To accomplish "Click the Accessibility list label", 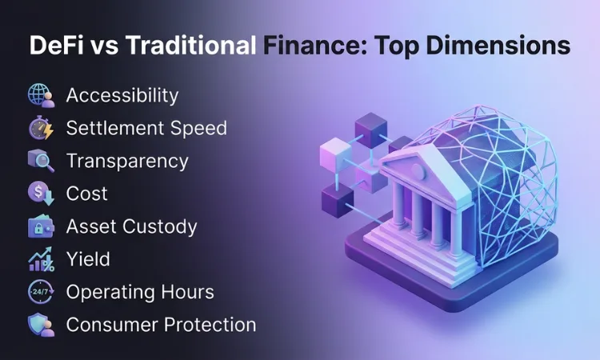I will (122, 95).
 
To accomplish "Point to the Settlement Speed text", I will (146, 128).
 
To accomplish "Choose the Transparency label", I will (127, 161).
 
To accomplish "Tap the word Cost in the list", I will (86, 194).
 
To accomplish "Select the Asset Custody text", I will (131, 226).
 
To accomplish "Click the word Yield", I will (88, 259).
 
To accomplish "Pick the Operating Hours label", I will (140, 292).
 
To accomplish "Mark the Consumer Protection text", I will (161, 325).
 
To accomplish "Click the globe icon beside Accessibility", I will (40, 95).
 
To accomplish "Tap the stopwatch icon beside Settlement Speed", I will (40, 128).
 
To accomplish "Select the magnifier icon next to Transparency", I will (40, 161).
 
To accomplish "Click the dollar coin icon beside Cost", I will (40, 194).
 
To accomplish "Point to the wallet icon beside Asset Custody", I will (40, 226).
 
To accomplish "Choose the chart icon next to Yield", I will (40, 259).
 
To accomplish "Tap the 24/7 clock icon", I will (40, 292).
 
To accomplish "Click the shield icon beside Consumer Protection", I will (40, 325).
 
